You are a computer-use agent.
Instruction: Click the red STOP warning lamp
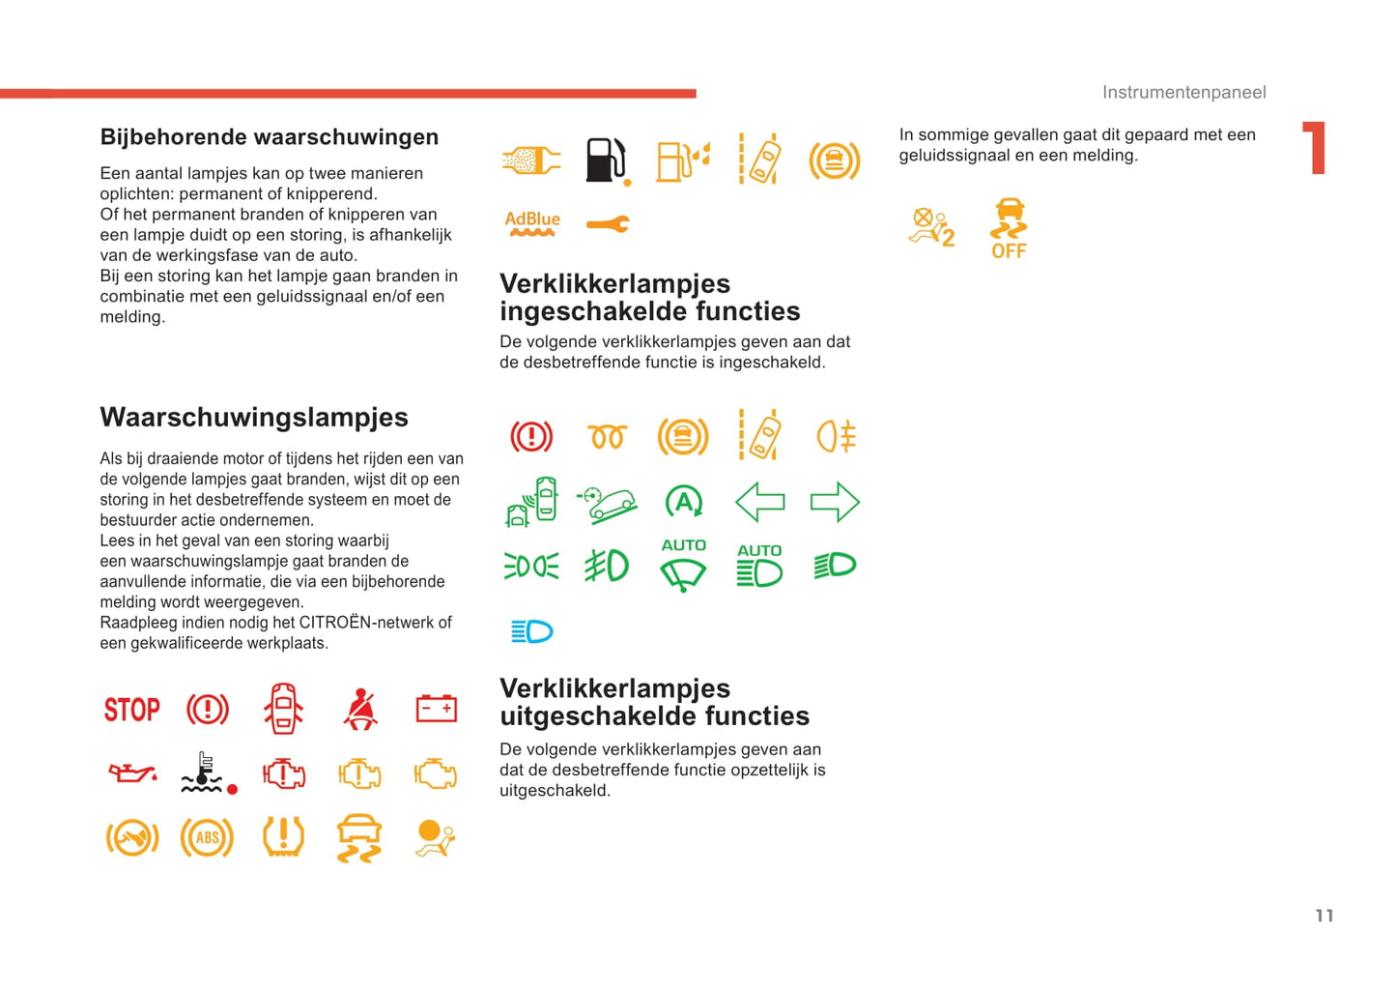[131, 710]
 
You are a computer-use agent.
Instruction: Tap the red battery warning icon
[436, 709]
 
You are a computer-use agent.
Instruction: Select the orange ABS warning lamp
[207, 838]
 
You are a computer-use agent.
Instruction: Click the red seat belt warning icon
[360, 709]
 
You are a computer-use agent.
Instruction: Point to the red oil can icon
[131, 773]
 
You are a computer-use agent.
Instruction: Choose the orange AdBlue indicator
[532, 223]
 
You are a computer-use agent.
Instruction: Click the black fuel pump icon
[607, 160]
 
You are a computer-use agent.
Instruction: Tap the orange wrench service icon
[608, 224]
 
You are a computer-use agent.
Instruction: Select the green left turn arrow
[759, 502]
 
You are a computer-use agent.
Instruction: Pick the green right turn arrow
[835, 502]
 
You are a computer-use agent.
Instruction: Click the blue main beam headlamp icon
[531, 631]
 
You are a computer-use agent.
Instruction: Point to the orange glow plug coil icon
[608, 437]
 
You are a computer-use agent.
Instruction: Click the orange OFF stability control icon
[1009, 229]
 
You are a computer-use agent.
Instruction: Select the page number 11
[1324, 916]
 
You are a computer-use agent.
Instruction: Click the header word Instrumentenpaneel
[1183, 92]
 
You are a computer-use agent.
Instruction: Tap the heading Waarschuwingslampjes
[254, 418]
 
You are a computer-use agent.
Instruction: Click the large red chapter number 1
[1315, 148]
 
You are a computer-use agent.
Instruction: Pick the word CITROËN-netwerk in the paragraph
[366, 623]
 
